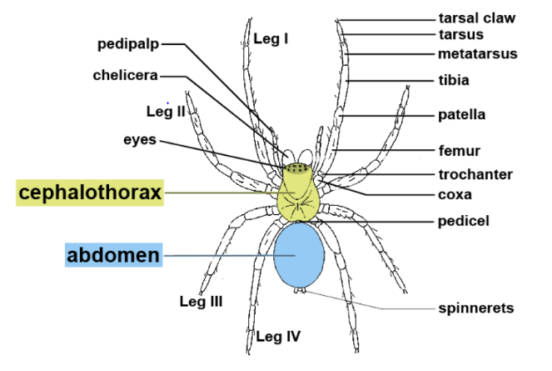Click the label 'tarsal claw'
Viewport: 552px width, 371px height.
477,17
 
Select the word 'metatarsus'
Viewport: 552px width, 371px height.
477,54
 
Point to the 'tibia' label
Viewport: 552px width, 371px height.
454,80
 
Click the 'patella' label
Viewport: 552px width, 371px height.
461,114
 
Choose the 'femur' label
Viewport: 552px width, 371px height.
457,151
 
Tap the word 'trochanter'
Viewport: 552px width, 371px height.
475,174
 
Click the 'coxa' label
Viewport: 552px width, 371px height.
455,195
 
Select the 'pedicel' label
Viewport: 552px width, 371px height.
462,221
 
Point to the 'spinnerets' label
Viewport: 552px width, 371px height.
476,308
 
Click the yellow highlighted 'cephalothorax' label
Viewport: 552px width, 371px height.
90,193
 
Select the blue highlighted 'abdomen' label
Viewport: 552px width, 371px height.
113,254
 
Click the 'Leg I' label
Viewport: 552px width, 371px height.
271,38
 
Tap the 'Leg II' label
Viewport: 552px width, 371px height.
165,111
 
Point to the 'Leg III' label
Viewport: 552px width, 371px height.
201,302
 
